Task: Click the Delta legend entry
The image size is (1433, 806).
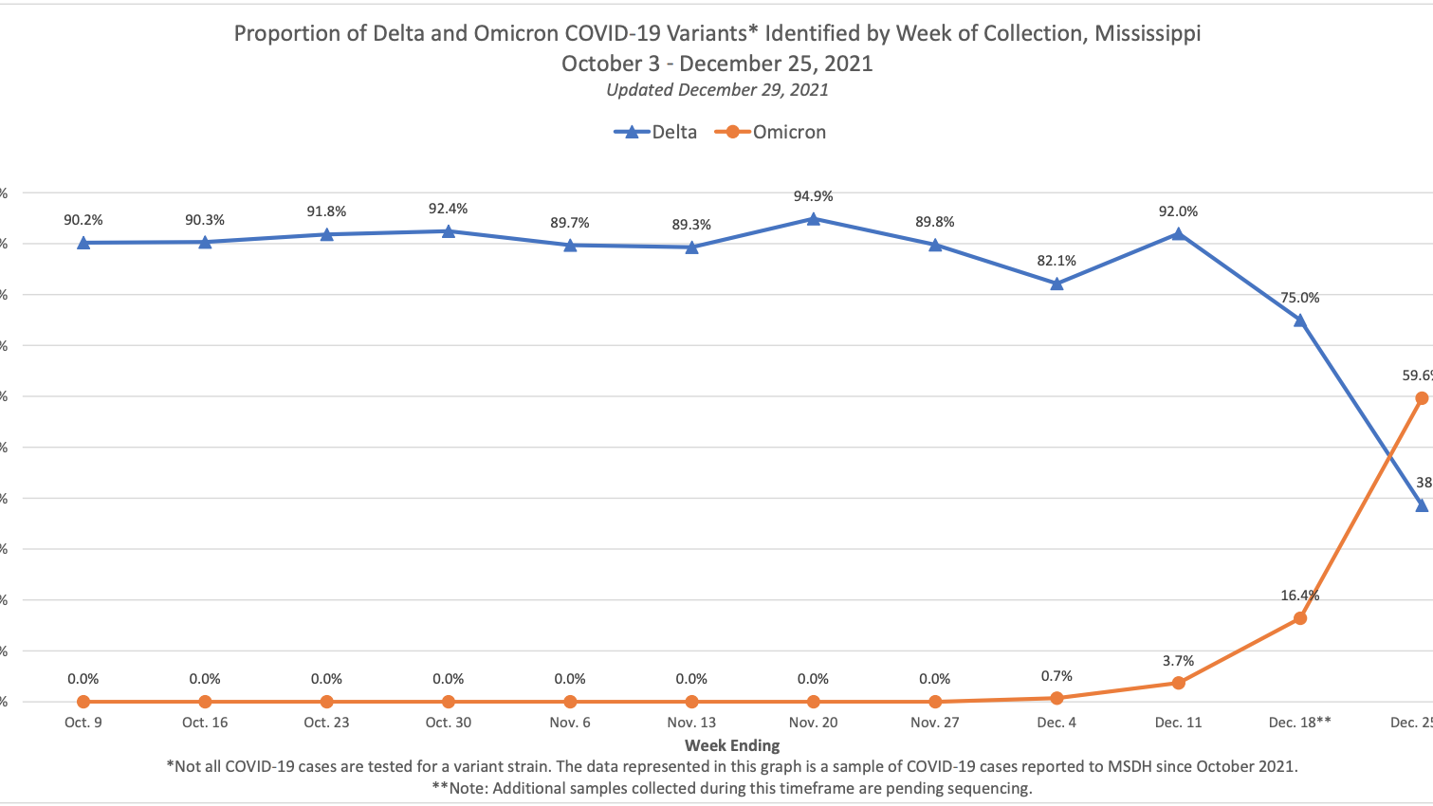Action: (x=656, y=132)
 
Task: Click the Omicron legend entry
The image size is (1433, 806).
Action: (x=771, y=132)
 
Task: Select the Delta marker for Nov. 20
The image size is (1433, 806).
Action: (x=813, y=219)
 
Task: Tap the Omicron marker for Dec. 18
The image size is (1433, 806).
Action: (x=1300, y=618)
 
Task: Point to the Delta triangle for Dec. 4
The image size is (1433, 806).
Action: (x=1056, y=284)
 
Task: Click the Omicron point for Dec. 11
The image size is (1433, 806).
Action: (x=1179, y=683)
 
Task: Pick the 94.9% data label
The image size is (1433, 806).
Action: (x=813, y=196)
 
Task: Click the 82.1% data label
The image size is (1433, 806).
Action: (x=1056, y=261)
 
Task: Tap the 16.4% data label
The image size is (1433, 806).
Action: (x=1299, y=595)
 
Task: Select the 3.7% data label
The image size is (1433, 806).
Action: (x=1178, y=661)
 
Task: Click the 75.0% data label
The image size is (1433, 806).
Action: (x=1299, y=298)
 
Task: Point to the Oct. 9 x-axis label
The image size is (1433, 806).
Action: (x=83, y=723)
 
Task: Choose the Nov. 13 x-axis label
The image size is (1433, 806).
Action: (x=691, y=723)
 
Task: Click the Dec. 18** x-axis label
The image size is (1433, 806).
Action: (x=1299, y=723)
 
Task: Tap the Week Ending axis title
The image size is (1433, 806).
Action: (x=732, y=745)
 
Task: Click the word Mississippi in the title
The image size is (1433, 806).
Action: (x=1148, y=33)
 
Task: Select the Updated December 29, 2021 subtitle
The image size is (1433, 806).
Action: (x=717, y=90)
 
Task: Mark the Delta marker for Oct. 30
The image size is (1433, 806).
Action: (x=448, y=231)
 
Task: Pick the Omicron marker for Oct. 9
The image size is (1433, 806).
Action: (x=83, y=702)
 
